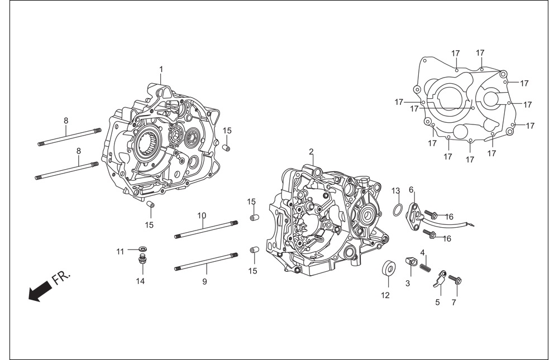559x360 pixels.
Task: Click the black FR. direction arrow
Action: [x=39, y=291]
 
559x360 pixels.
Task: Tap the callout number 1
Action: [x=161, y=69]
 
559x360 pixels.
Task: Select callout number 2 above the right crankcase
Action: [x=311, y=152]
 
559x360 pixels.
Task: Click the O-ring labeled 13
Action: [x=398, y=210]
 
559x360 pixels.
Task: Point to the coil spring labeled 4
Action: [x=423, y=267]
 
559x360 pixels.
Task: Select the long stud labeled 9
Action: [x=207, y=261]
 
